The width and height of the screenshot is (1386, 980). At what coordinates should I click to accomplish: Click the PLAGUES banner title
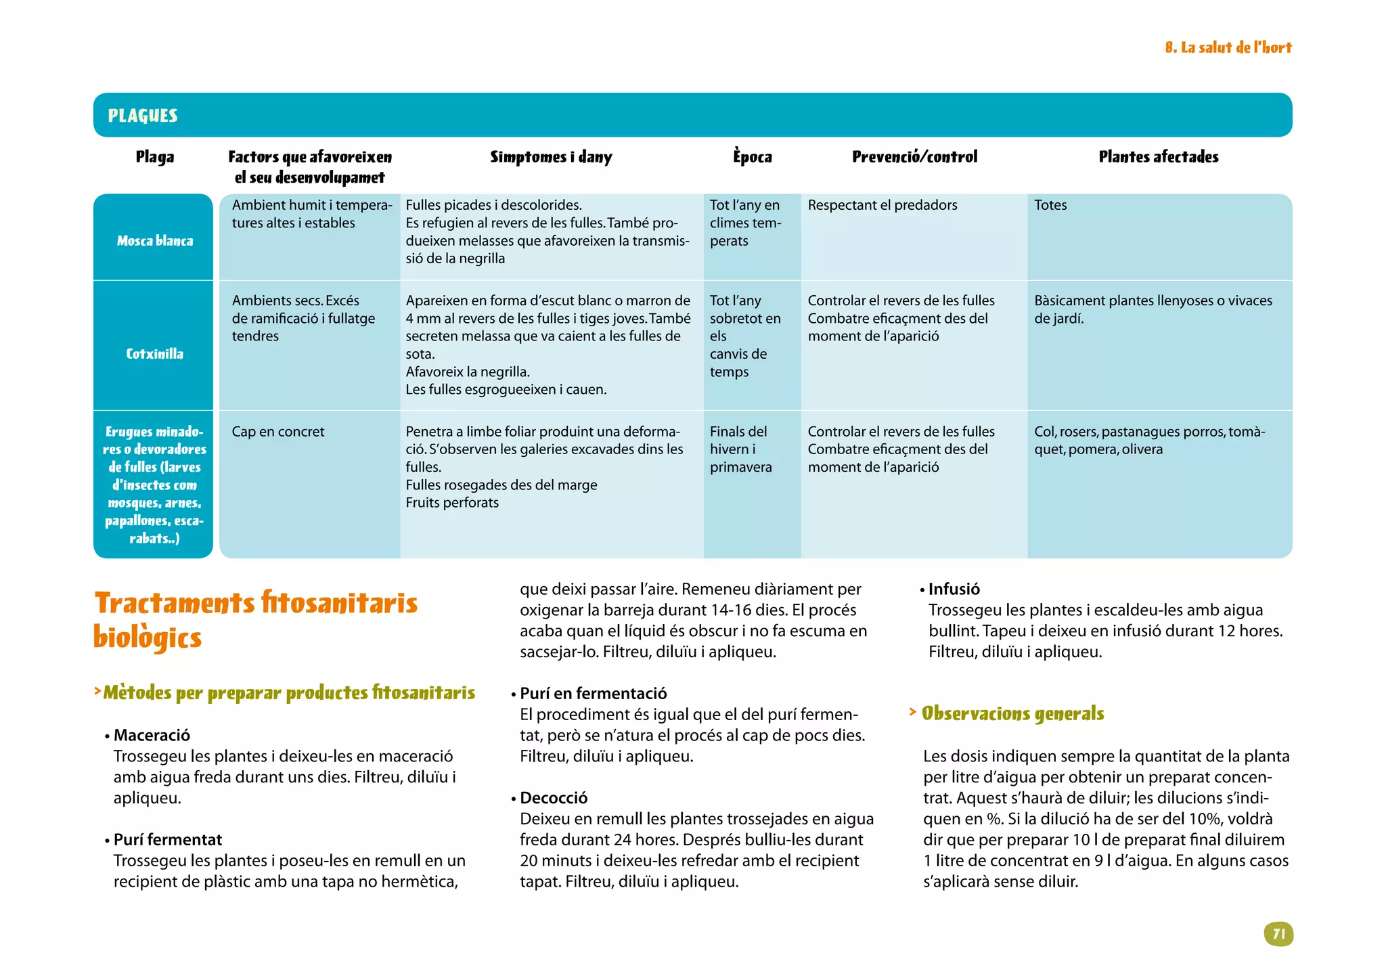click(143, 116)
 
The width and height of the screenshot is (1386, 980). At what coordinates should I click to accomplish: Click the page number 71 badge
click(1278, 934)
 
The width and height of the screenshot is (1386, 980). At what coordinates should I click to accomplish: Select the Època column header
click(752, 157)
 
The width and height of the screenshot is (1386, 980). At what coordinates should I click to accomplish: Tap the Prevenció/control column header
click(914, 157)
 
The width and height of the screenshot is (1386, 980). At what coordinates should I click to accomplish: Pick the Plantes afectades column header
click(1158, 157)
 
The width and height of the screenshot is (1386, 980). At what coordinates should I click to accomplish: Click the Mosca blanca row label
click(154, 241)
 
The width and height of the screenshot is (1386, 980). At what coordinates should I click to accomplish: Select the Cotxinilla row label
click(154, 354)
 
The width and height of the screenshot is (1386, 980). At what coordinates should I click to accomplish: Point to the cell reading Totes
click(1050, 205)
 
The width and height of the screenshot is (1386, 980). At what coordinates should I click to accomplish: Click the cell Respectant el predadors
click(882, 205)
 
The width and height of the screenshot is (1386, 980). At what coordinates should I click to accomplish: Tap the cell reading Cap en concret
click(278, 432)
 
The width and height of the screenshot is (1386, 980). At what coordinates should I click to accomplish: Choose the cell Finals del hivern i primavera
click(740, 449)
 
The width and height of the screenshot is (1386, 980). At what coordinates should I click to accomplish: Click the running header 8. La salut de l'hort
click(1228, 47)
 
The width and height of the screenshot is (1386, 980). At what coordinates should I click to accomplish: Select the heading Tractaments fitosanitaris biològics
click(255, 619)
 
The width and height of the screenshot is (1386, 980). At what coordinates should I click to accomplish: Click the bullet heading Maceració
click(152, 735)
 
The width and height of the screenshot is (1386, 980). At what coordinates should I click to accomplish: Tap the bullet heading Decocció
click(554, 798)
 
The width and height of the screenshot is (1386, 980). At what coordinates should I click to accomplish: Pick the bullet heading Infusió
click(954, 589)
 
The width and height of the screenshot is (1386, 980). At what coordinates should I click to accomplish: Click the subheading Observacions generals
click(1012, 713)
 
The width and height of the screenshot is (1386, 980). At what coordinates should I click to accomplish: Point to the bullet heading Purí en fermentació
click(593, 694)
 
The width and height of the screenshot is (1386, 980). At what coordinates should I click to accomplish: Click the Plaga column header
click(154, 157)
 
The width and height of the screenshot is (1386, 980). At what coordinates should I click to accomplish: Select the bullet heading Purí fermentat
click(167, 840)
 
